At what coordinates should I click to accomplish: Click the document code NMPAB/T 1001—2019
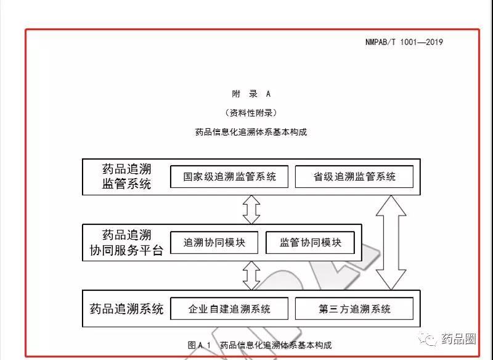click(404, 42)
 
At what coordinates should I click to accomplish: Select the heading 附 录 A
click(251, 94)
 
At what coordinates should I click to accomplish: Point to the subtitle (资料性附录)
click(251, 113)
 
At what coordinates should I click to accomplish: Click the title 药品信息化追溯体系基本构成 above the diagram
click(251, 132)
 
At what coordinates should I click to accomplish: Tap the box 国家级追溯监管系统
click(229, 177)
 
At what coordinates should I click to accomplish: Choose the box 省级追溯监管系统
click(354, 177)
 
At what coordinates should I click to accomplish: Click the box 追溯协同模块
click(214, 242)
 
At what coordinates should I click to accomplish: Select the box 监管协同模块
click(310, 242)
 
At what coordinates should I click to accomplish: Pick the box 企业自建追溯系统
click(229, 309)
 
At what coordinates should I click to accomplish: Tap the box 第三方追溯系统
click(354, 309)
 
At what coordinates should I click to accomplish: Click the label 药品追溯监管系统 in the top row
click(126, 176)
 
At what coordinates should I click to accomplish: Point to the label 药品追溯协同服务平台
click(126, 242)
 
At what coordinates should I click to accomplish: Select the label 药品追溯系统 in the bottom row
click(126, 309)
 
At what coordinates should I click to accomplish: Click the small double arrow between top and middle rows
click(251, 210)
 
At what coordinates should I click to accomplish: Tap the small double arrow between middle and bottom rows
click(251, 276)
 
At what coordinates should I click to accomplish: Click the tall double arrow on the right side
click(391, 242)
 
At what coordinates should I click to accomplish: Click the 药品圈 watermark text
click(458, 339)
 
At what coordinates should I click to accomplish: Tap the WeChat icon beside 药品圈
click(428, 339)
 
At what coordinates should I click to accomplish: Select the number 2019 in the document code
click(434, 42)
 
